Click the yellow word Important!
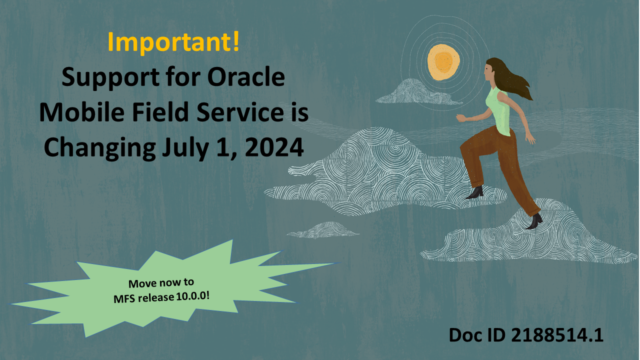(x=173, y=43)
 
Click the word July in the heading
(x=181, y=148)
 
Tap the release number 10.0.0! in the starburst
(x=192, y=296)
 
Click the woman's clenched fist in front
(x=460, y=118)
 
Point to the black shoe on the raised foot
(x=475, y=192)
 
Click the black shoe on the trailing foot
(x=534, y=220)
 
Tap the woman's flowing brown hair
(x=515, y=80)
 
